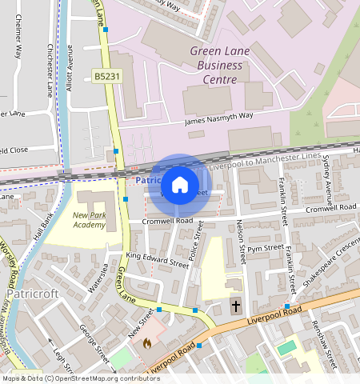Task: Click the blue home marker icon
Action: point(180,185)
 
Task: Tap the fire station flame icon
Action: point(146,342)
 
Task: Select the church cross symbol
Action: point(236,306)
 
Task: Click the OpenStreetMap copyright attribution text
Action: point(81,378)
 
